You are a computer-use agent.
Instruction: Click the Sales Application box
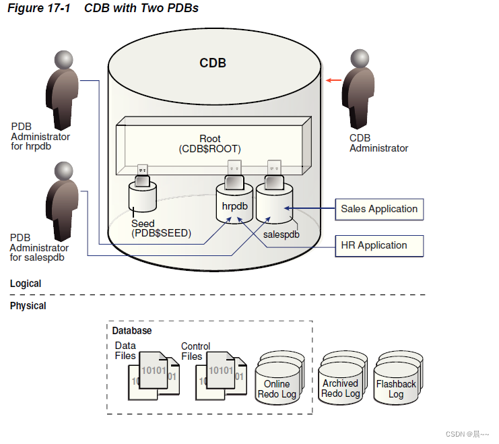[x=379, y=210]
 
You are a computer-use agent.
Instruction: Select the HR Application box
[x=379, y=246]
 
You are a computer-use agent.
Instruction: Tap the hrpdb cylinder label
[x=234, y=206]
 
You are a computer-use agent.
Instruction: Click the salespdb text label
[x=281, y=234]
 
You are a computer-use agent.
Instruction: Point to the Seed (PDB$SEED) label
[x=161, y=228]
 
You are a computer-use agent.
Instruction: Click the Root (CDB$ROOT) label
[x=209, y=144]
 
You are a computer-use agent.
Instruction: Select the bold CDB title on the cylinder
[x=213, y=63]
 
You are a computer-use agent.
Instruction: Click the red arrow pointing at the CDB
[x=333, y=80]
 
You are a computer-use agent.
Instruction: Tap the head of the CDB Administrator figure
[x=360, y=59]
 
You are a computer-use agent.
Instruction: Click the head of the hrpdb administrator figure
[x=64, y=59]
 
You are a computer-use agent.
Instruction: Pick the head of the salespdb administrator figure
[x=64, y=171]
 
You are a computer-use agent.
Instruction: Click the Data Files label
[x=125, y=350]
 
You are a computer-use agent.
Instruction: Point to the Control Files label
[x=196, y=351]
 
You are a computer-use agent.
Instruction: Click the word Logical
[x=26, y=284]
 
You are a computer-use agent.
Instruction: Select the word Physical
[x=28, y=306]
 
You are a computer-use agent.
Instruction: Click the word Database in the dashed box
[x=132, y=331]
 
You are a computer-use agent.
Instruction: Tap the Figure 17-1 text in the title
[x=38, y=8]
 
